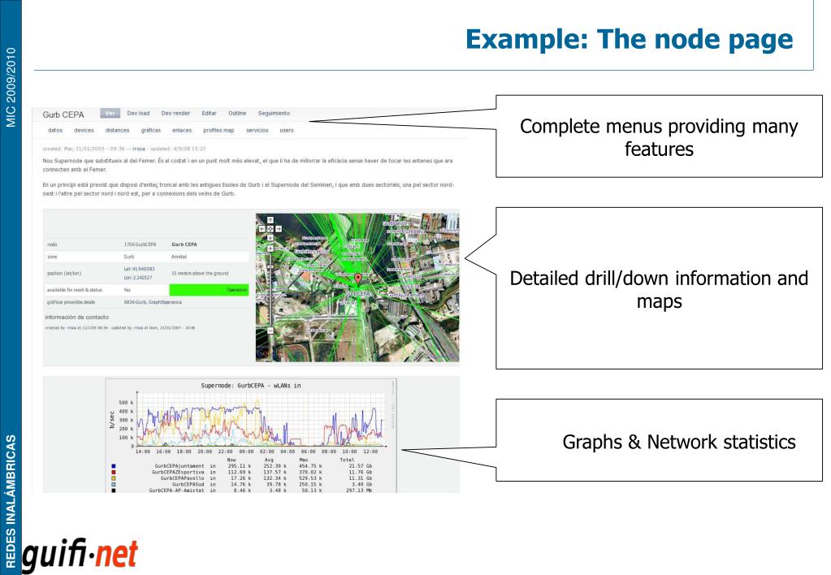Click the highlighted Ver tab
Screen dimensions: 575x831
[x=110, y=113]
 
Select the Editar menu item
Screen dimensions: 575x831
[x=209, y=113]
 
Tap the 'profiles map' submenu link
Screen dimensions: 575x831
[x=218, y=130]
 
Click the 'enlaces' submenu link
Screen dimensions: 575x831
[x=182, y=130]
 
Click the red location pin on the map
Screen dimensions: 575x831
[x=357, y=279]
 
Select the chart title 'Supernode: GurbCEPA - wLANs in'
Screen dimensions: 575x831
[x=250, y=385]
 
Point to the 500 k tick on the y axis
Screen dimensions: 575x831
[x=125, y=403]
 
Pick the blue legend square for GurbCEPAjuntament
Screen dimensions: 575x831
[x=112, y=466]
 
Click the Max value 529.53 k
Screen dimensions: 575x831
[x=309, y=479]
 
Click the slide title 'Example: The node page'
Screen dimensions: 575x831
[x=630, y=38]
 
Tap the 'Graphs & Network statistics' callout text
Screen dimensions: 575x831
[x=679, y=443]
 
